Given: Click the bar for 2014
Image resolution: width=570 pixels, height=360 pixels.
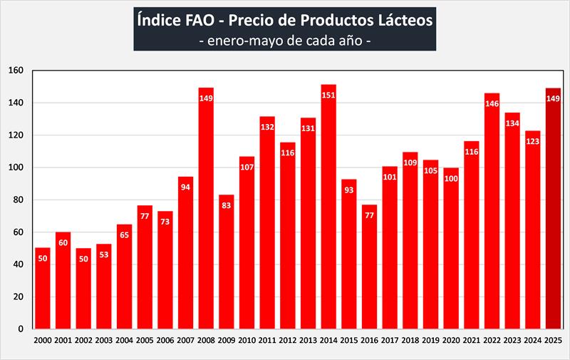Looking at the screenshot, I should [328, 214].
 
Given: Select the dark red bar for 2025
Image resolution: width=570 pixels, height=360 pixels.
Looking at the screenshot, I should [554, 214].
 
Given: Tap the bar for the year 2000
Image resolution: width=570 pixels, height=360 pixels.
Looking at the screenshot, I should [43, 292].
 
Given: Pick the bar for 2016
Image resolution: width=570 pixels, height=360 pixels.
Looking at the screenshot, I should [369, 271].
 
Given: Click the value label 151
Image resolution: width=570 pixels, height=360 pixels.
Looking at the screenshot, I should [328, 96].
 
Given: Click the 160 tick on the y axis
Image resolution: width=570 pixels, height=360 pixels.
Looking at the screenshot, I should [16, 71].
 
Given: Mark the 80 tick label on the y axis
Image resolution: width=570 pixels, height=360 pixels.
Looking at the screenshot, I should [19, 200].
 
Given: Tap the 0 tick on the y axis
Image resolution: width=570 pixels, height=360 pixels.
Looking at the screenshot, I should [21, 329].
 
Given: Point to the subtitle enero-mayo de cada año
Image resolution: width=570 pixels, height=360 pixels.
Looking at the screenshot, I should [284, 41].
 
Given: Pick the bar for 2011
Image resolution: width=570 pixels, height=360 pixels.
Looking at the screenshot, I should [267, 228].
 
